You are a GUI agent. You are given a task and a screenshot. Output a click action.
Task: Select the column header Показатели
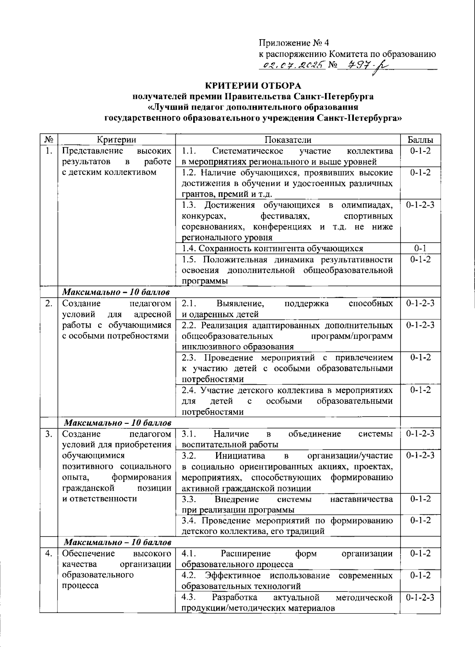[288, 140]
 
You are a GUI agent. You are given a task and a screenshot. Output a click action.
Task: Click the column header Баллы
[420, 140]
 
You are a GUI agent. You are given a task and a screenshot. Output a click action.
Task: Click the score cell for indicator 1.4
[420, 249]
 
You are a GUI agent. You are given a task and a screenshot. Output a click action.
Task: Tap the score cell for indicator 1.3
[420, 205]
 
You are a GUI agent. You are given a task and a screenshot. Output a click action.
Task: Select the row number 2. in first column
[49, 304]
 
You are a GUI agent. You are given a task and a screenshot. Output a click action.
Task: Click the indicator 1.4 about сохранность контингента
[272, 249]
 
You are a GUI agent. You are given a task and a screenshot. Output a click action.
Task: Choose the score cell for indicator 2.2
[420, 325]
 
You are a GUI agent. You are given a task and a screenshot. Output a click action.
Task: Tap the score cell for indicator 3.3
[420, 499]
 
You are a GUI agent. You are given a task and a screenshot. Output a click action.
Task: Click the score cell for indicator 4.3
[420, 597]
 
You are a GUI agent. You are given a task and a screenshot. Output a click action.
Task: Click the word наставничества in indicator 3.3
[361, 499]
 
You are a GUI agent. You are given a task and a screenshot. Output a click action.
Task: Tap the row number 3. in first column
[49, 434]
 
